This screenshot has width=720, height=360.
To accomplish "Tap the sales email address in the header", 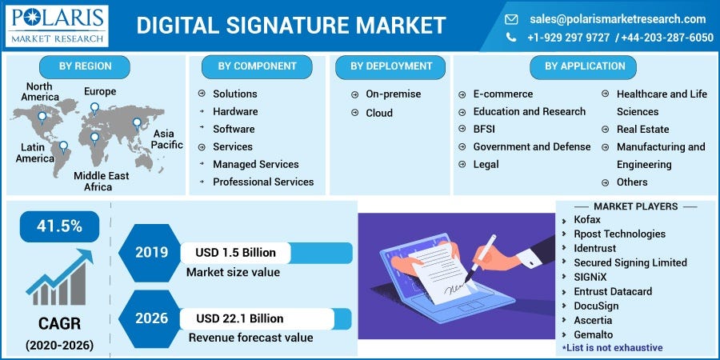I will pos(617,18).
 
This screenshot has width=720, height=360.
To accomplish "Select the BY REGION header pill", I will pos(85,66).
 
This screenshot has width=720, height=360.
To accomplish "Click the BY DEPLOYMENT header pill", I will pos(391,66).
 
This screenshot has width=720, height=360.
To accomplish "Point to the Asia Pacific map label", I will pos(166,139).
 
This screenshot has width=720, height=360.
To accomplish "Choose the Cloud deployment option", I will pos(379,113).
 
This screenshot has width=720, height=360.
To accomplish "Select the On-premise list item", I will pos(393,94).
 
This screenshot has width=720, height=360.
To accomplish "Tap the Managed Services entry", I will pos(255,164).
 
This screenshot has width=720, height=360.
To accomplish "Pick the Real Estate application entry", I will pos(642,129).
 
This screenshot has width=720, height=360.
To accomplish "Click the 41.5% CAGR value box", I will pos(60,226).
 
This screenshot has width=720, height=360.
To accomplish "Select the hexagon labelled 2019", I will pos(151,253).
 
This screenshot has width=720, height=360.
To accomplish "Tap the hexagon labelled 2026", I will pos(151,318).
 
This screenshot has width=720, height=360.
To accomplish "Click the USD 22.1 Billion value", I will pos(240,319).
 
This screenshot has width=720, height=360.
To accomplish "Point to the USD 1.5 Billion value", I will pos(235,253).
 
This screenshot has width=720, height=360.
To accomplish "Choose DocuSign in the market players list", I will pos(596,306).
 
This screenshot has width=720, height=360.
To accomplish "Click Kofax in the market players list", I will pos(586,219).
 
